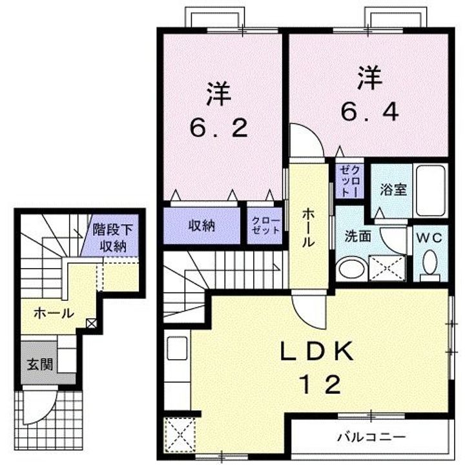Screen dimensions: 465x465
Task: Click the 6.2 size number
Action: tap(219, 129)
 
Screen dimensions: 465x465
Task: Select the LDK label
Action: tap(316, 352)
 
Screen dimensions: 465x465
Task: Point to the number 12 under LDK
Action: tap(318, 386)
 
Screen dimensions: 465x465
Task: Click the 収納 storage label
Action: tap(201, 226)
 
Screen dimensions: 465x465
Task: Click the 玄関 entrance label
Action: tap(39, 364)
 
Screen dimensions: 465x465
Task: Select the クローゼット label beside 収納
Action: tap(265, 226)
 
